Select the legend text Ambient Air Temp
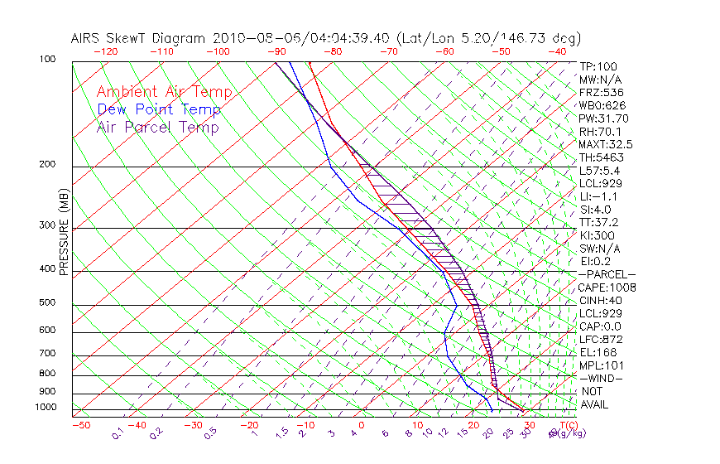tap(164, 92)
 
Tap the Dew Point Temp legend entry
tap(158, 109)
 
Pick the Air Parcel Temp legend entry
tap(157, 127)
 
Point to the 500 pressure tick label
tap(48, 303)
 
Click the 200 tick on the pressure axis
tap(48, 165)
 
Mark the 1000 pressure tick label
tap(46, 408)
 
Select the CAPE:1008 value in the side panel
tap(607, 288)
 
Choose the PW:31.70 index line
tap(603, 118)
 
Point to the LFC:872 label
tap(600, 339)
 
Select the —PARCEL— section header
tap(607, 274)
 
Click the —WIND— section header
tap(601, 378)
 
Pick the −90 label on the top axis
tap(275, 51)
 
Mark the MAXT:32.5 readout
tap(604, 144)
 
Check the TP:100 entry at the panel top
tap(598, 67)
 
